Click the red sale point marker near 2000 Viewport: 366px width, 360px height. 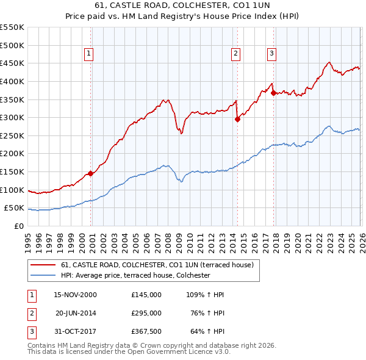coord(91,173)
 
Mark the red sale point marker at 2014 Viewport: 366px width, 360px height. coord(237,120)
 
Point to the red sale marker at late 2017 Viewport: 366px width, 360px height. coord(273,93)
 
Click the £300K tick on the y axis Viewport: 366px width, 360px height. coord(13,117)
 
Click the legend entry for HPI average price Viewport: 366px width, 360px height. coord(135,275)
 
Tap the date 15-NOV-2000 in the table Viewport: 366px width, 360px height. coord(75,295)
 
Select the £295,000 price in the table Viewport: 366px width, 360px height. coord(146,313)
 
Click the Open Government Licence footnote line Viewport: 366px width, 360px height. coord(129,352)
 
